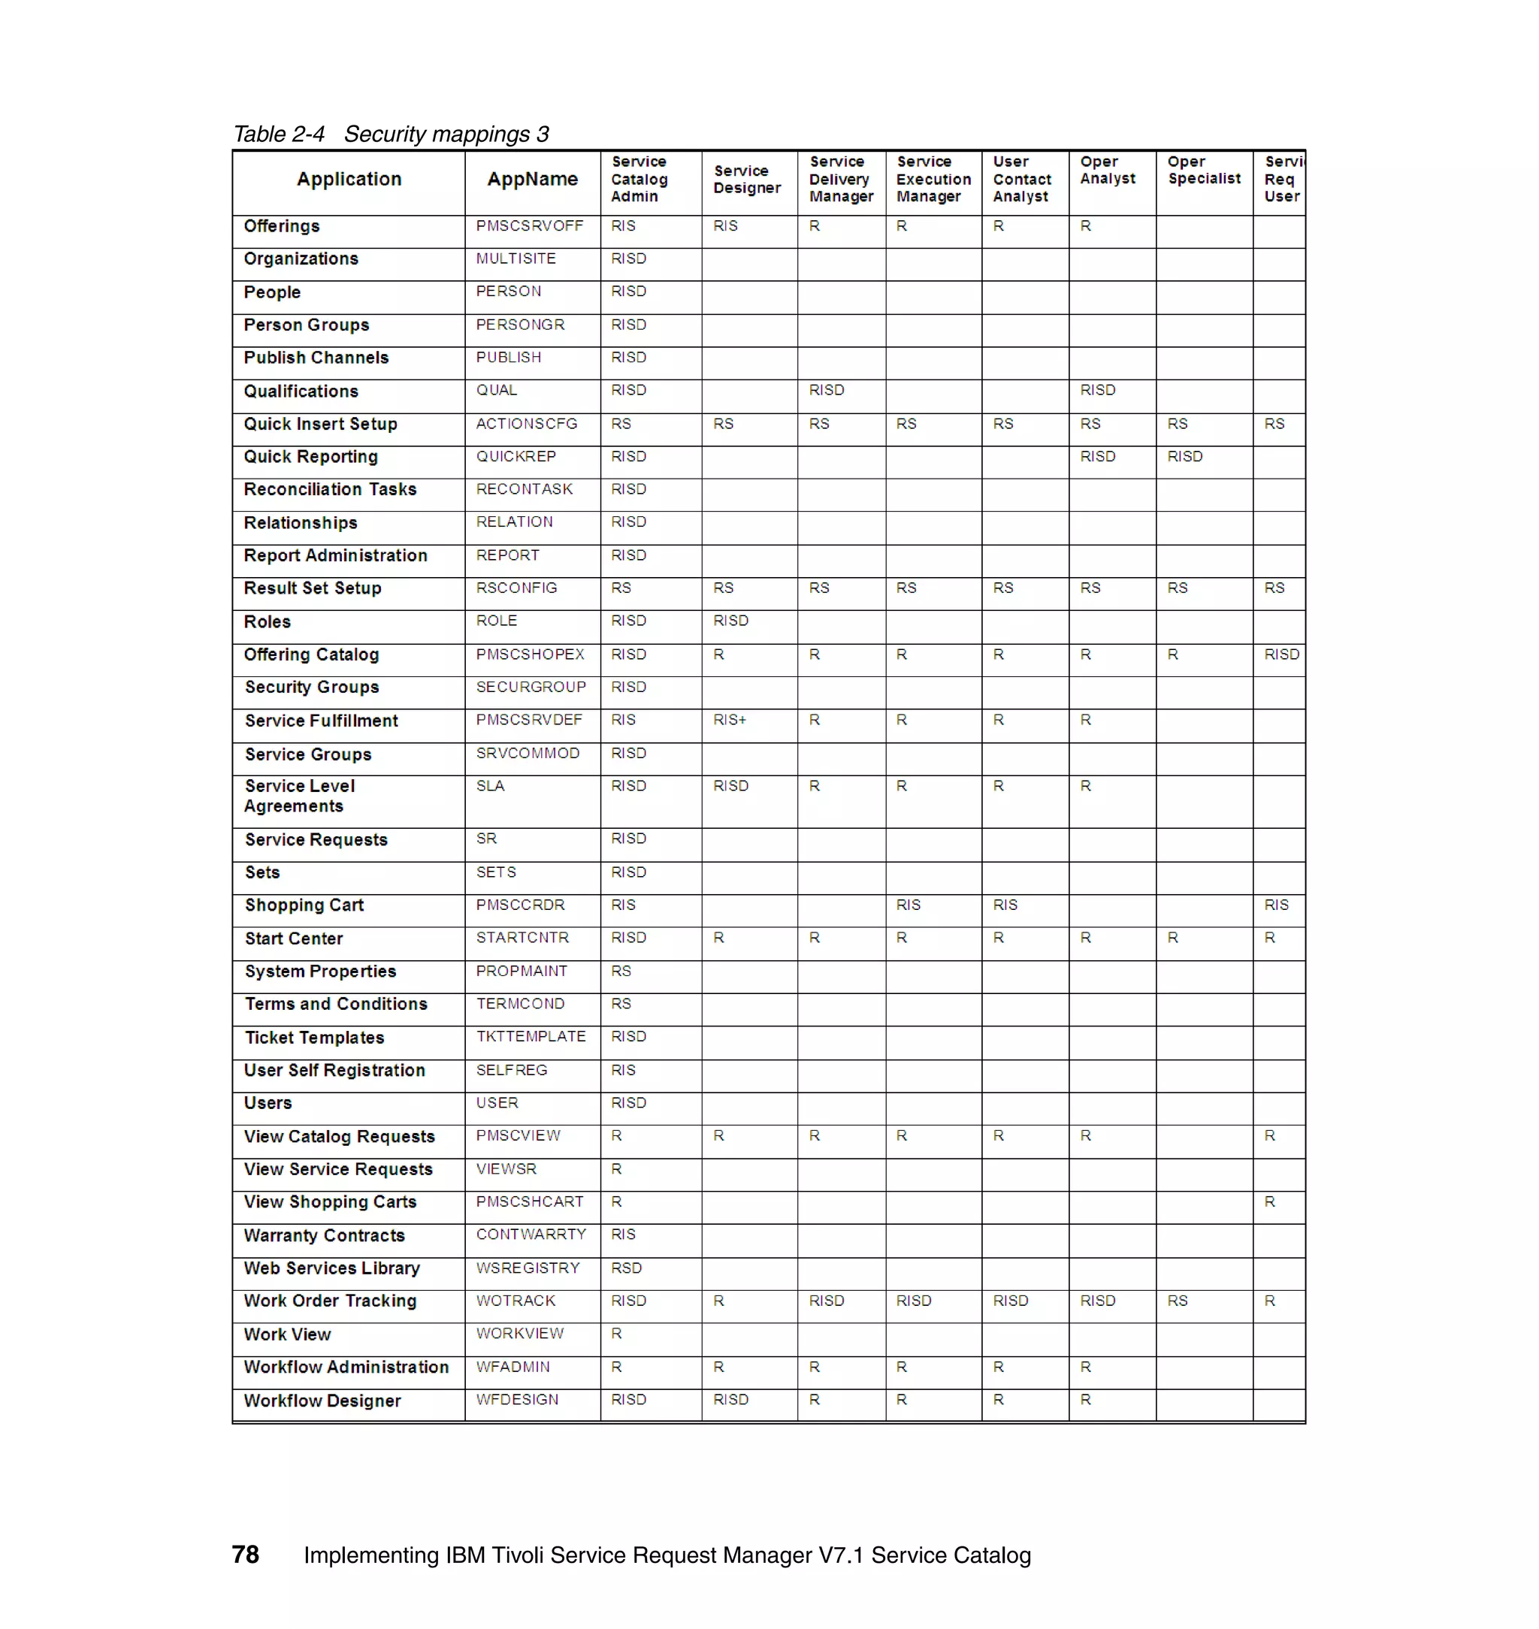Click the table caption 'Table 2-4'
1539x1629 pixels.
click(x=279, y=134)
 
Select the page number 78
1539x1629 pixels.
click(x=244, y=1555)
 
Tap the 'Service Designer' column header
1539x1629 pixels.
click(x=746, y=179)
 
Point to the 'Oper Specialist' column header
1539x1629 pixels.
click(x=1204, y=170)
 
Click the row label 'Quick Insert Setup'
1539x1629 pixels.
click(x=320, y=424)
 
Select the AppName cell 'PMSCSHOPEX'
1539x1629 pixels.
click(x=530, y=654)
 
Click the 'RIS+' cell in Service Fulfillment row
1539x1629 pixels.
click(x=730, y=719)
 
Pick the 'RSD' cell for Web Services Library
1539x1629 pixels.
click(x=626, y=1268)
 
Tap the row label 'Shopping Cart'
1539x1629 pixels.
click(x=304, y=905)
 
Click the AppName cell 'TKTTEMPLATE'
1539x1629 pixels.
click(x=531, y=1036)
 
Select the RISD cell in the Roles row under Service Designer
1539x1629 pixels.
click(x=730, y=620)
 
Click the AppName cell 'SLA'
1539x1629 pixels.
click(x=490, y=786)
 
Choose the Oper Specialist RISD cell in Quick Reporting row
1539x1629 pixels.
click(x=1184, y=456)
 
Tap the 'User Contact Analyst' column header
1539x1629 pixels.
click(x=1021, y=179)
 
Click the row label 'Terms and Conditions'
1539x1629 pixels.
click(x=335, y=1003)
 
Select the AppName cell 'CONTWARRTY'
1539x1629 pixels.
click(x=531, y=1234)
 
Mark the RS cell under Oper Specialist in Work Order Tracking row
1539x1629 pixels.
click(x=1178, y=1300)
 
